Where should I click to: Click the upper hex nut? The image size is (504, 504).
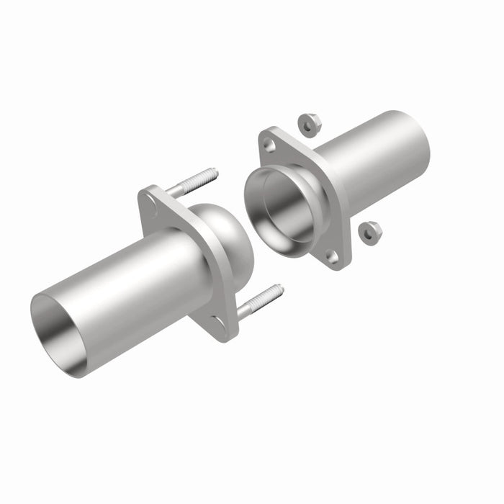(x=310, y=125)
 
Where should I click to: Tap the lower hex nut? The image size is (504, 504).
(x=370, y=233)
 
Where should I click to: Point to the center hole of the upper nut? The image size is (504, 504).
(x=309, y=125)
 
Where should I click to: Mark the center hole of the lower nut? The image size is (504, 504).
(x=369, y=233)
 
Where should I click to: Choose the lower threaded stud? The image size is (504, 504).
(x=259, y=302)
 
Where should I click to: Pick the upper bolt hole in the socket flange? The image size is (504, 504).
(x=269, y=145)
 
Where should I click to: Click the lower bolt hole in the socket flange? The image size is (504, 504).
(x=332, y=256)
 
